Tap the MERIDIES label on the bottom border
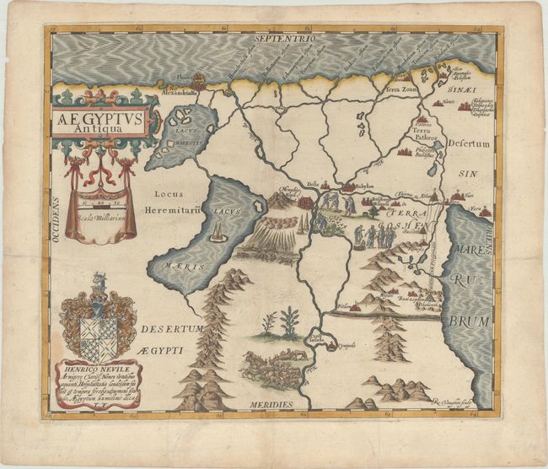pos(271,405)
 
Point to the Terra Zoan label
pos(403,88)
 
